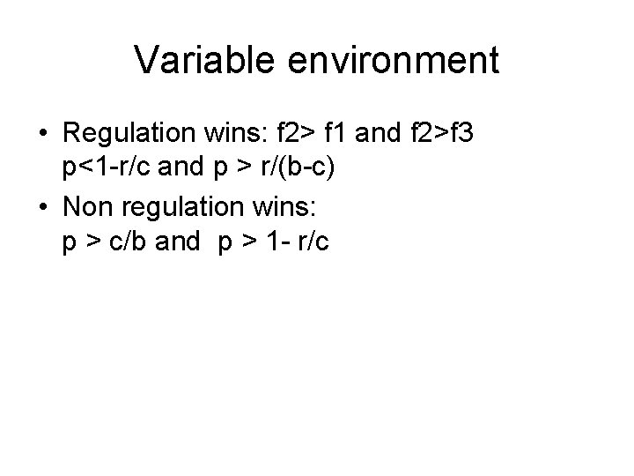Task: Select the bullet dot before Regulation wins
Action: [42, 137]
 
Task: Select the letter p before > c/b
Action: [69, 244]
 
